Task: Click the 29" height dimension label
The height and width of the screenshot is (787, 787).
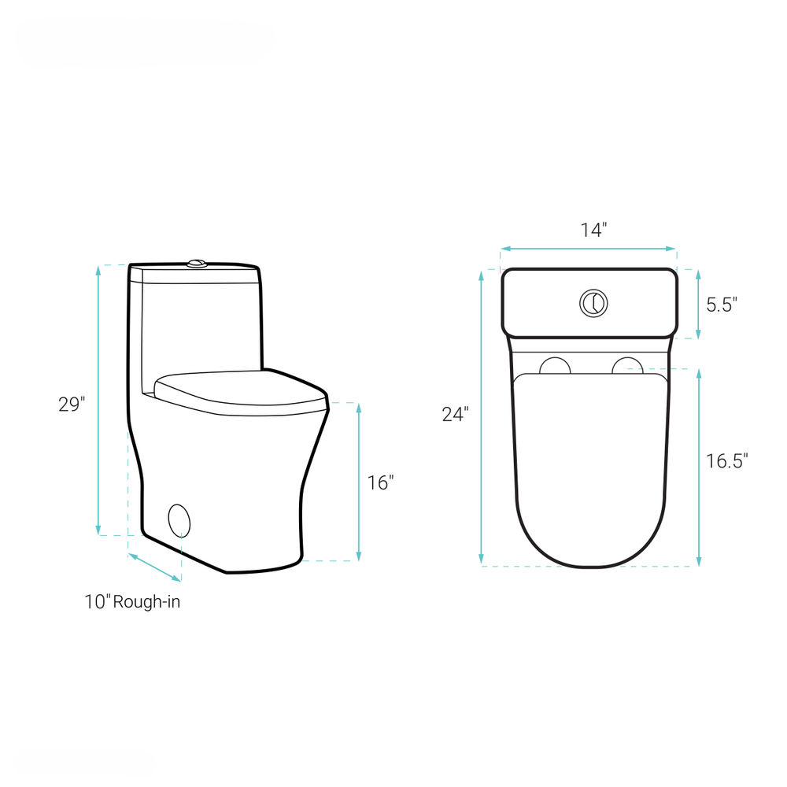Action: (x=72, y=404)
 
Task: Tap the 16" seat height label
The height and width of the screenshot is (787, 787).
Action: (x=380, y=483)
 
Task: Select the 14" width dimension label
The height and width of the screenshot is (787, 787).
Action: (x=593, y=230)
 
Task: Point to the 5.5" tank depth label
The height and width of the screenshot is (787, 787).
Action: (x=722, y=305)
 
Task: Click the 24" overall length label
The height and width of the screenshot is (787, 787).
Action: (x=455, y=414)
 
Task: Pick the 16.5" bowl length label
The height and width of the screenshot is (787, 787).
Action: (x=726, y=460)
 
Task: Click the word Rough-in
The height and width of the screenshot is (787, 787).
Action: (x=146, y=601)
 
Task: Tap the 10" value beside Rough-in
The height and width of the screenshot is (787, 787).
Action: (x=97, y=602)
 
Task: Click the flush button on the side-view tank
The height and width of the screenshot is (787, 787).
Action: (x=198, y=263)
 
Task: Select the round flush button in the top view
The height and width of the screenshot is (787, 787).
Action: (x=593, y=303)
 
